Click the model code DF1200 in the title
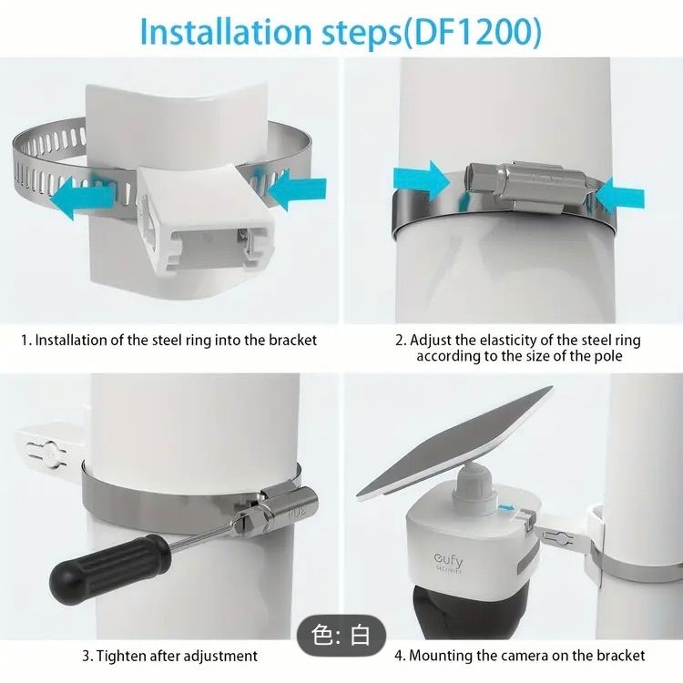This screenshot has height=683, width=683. point(473,32)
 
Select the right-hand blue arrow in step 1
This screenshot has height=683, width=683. point(295,189)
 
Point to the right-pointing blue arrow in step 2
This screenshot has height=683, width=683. point(422,181)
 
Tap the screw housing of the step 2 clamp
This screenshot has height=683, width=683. point(526,184)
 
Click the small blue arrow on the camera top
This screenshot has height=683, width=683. point(506,508)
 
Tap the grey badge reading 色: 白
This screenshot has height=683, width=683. point(341,636)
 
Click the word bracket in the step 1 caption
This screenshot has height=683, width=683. point(292,341)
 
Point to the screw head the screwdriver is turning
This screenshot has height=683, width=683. point(242,524)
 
